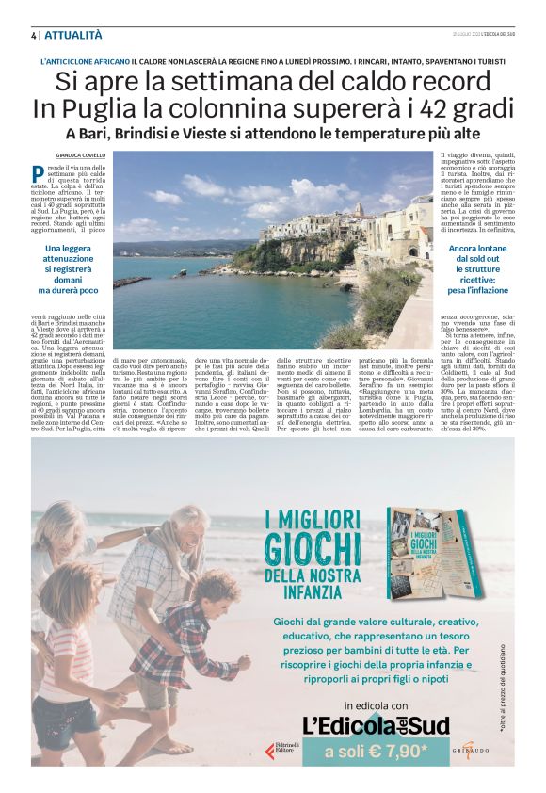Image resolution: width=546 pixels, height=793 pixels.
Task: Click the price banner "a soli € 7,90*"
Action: point(376,751)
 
